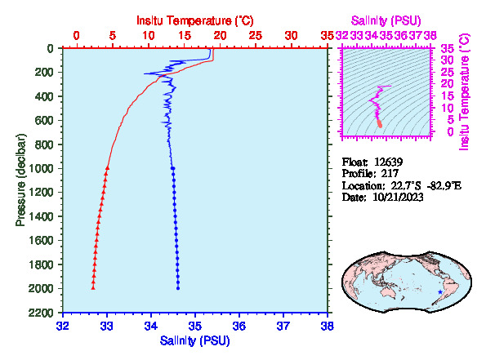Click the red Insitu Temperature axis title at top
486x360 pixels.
[195, 20]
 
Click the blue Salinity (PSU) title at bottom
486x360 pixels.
[195, 340]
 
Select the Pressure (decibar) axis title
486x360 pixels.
[20, 180]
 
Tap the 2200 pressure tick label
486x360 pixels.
[41, 313]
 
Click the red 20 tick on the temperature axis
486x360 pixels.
[220, 36]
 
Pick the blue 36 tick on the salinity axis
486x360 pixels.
[239, 326]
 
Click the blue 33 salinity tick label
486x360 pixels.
[107, 326]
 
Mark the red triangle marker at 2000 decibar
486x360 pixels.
[93, 287]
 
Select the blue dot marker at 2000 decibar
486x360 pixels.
[178, 288]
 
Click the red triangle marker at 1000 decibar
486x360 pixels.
[107, 168]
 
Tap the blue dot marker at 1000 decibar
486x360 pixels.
[173, 168]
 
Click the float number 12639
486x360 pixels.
[388, 162]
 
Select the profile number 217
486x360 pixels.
[390, 174]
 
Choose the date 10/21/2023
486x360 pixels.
[398, 197]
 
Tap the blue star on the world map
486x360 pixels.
[440, 292]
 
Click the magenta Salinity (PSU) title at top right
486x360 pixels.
[386, 20]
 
